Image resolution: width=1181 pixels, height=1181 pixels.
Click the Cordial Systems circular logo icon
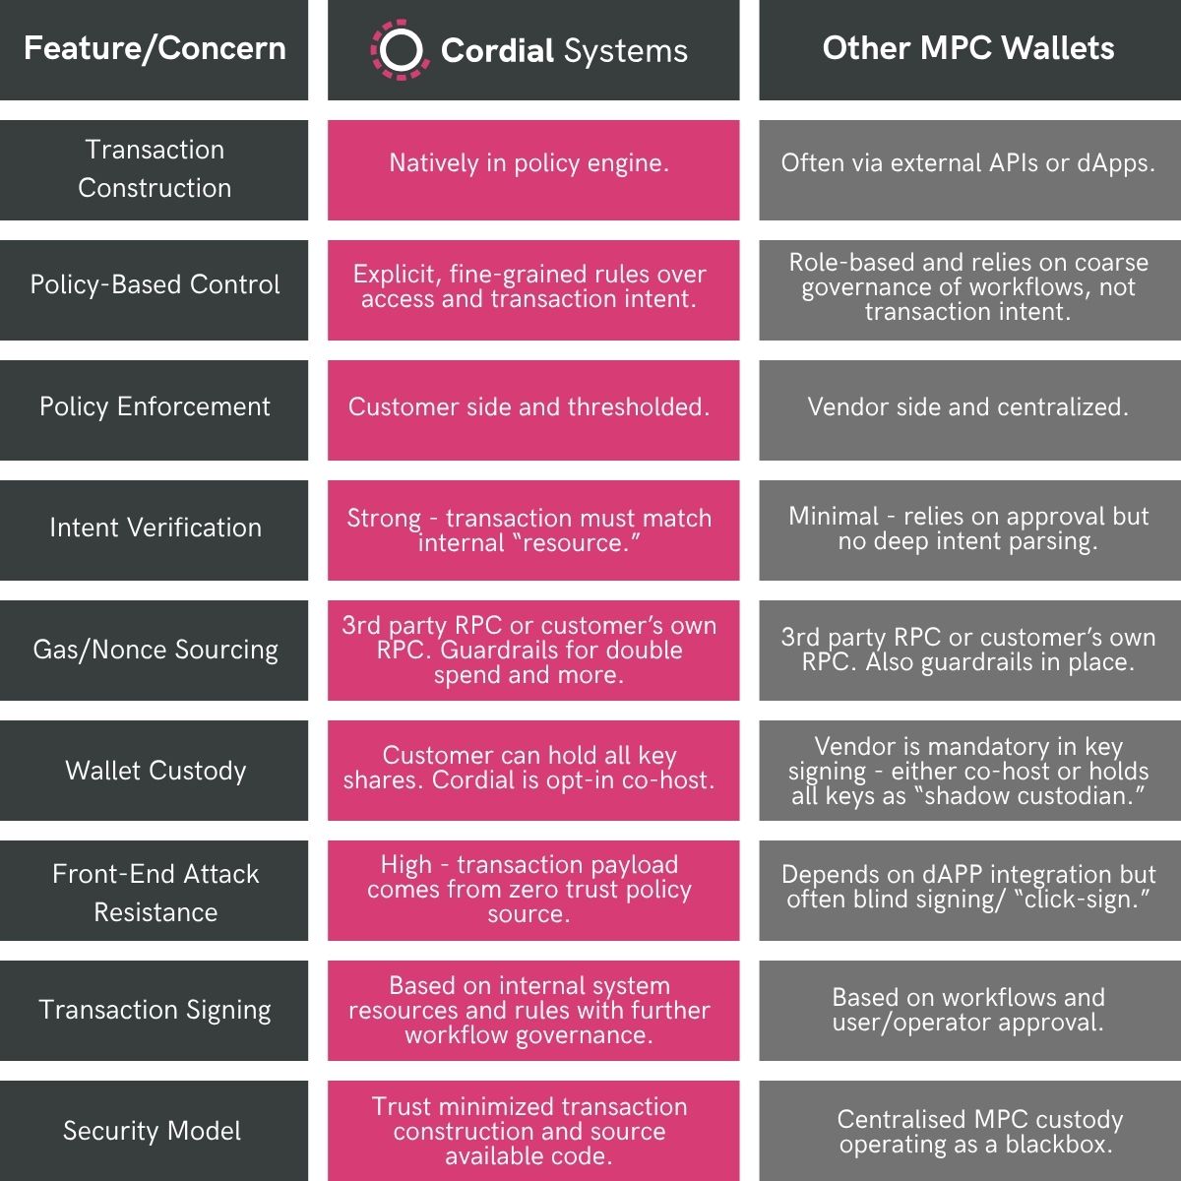(x=400, y=50)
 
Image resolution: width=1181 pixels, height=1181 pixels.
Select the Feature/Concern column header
(x=155, y=48)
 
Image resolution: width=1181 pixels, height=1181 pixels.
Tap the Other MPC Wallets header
(x=968, y=48)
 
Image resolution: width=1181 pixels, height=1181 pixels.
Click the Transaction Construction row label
(x=155, y=168)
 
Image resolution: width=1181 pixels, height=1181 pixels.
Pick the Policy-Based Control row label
(x=155, y=285)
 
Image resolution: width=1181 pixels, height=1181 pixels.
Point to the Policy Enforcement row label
(x=155, y=407)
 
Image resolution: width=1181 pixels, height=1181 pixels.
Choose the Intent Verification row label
(x=155, y=528)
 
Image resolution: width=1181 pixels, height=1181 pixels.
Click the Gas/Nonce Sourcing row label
(x=155, y=650)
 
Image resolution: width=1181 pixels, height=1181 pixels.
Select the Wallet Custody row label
(x=155, y=771)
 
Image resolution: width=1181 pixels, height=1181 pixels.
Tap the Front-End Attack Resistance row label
(x=155, y=893)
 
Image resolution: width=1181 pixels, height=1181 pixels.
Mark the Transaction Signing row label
(x=155, y=1011)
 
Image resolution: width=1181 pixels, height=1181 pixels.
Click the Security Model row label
(x=153, y=1132)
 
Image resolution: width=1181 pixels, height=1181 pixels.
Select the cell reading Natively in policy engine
(x=529, y=164)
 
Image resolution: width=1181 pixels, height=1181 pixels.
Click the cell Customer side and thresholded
(x=529, y=407)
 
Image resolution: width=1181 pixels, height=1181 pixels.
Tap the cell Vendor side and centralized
(x=968, y=407)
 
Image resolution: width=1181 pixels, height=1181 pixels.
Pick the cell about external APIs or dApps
(x=968, y=164)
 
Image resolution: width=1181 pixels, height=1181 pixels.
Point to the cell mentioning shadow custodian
(x=968, y=772)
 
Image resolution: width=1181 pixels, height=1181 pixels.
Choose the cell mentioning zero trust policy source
(x=529, y=890)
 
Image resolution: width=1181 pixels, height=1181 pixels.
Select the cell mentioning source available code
(x=529, y=1132)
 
